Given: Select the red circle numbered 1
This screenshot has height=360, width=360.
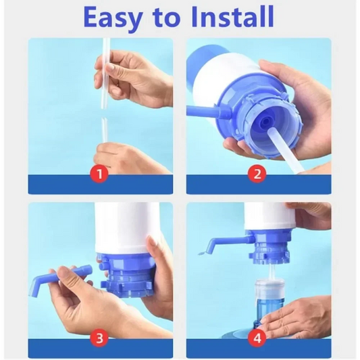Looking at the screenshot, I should click(100, 174).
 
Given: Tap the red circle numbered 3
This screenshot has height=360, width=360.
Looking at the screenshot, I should click(100, 338).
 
